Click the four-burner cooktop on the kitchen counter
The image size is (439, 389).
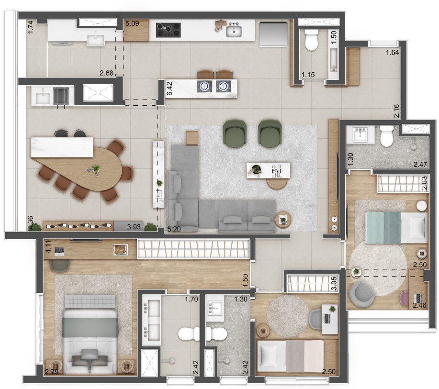[168, 30]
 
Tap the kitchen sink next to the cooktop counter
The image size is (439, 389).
[234, 31]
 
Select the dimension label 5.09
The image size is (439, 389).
[132, 22]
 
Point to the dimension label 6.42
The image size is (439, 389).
[169, 89]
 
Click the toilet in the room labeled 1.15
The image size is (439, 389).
[311, 41]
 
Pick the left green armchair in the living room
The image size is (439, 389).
[235, 132]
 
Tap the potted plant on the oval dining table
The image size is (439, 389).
[96, 169]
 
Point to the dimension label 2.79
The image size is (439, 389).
[51, 372]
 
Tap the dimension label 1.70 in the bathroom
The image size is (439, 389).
[192, 300]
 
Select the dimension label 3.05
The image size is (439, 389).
[334, 284]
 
